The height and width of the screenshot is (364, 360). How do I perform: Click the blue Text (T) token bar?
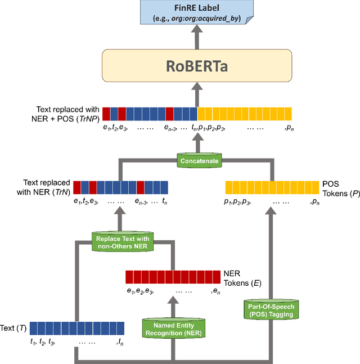(x=73, y=327)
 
